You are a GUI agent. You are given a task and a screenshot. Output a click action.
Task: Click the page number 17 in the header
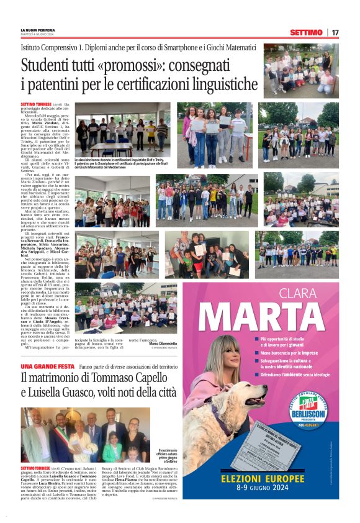(x=335, y=32)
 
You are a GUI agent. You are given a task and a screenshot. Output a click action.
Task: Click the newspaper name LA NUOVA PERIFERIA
(x=38, y=30)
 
